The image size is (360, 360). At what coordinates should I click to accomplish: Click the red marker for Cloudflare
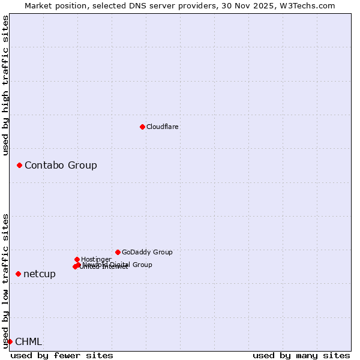pyautogui.click(x=142, y=127)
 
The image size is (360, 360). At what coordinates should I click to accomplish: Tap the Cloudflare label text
pyautogui.click(x=163, y=127)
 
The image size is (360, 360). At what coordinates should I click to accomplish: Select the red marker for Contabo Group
pyautogui.click(x=19, y=165)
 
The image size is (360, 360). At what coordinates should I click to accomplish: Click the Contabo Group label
pyautogui.click(x=61, y=165)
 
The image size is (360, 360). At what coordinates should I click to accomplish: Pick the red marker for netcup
pyautogui.click(x=18, y=274)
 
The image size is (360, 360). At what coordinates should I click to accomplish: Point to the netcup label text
pyautogui.click(x=40, y=274)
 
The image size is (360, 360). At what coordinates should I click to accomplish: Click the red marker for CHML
pyautogui.click(x=10, y=341)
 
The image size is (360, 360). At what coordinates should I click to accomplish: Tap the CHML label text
pyautogui.click(x=29, y=342)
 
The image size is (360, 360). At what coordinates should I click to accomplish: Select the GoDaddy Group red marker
pyautogui.click(x=118, y=252)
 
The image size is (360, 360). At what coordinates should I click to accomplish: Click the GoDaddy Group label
pyautogui.click(x=147, y=252)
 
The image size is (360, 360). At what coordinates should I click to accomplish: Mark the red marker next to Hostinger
pyautogui.click(x=77, y=259)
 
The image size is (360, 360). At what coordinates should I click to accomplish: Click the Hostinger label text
pyautogui.click(x=96, y=259)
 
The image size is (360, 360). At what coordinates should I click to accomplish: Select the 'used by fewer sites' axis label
pyautogui.click(x=62, y=355)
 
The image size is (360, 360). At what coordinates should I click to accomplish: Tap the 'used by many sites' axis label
pyautogui.click(x=301, y=355)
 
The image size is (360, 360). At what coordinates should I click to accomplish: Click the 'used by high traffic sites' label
pyautogui.click(x=6, y=85)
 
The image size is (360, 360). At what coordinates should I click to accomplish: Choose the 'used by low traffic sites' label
pyautogui.click(x=6, y=280)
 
